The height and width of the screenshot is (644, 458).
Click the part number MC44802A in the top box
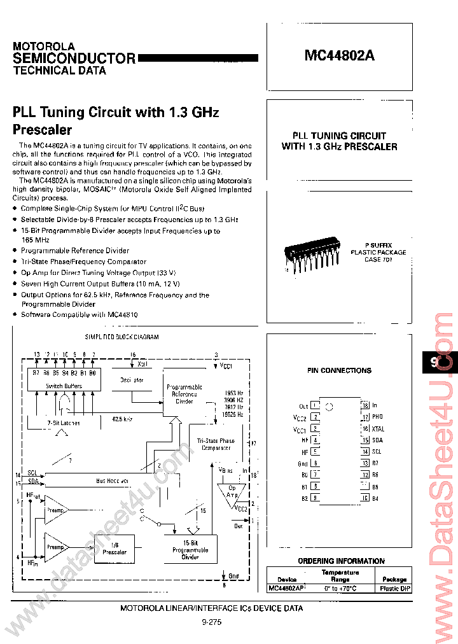339,55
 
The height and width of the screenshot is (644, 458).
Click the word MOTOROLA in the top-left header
44,46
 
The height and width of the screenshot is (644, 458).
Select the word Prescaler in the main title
43,130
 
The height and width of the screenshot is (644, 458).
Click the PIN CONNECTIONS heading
339,370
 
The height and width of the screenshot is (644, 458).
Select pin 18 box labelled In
365,405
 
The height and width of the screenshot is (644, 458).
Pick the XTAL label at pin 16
378,429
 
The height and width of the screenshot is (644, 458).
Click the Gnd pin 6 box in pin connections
316,463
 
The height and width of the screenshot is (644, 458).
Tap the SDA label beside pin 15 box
378,440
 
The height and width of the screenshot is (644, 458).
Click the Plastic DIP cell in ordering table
394,589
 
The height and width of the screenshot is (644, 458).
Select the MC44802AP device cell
288,589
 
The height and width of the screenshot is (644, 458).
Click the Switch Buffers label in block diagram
63,386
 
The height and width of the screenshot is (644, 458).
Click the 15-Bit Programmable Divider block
190,549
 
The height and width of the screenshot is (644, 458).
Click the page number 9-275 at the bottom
211,624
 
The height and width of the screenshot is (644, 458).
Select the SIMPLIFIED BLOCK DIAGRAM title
121,337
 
